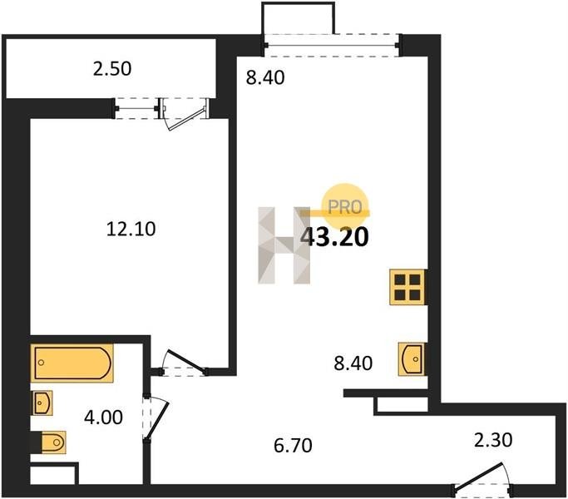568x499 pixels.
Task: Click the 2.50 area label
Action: pos(112,69)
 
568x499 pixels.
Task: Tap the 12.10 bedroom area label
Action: pos(131,229)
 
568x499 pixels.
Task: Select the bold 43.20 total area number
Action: pos(335,237)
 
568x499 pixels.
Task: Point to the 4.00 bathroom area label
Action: pos(103,417)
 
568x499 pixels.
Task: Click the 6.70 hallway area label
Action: pos(293,446)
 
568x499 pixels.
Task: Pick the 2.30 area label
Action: pos(493,440)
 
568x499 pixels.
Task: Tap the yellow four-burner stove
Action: pos(407,287)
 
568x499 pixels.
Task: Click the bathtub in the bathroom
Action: pos(72,363)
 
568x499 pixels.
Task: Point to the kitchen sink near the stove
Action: pos(411,359)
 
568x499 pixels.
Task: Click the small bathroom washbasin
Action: pos(42,403)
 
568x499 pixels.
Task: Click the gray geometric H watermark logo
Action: pos(284,245)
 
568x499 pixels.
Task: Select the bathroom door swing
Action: pos(156,417)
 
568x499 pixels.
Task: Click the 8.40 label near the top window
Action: pos(265,77)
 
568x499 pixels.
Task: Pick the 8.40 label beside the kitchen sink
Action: pos(353,363)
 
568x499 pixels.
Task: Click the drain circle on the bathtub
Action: pos(41,363)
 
